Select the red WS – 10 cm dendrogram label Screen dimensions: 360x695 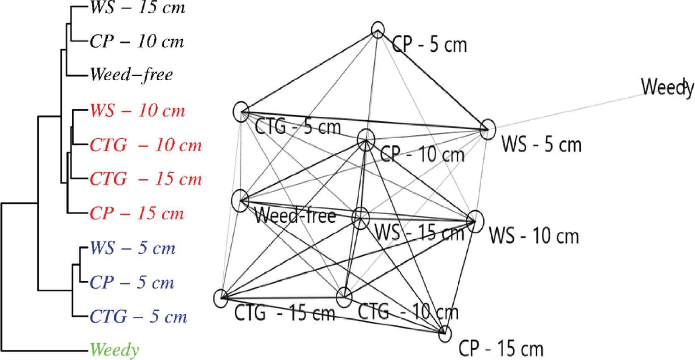tap(137, 111)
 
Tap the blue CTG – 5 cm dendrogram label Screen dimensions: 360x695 tap(138, 317)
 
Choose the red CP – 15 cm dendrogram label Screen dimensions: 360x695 tap(137, 214)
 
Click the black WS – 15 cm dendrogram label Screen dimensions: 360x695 tap(137, 8)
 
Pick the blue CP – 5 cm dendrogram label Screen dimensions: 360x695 tap(132, 283)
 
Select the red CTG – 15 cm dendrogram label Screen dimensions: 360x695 tap(145, 180)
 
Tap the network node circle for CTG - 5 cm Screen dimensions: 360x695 tap(241, 112)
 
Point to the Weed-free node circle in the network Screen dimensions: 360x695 tap(240, 200)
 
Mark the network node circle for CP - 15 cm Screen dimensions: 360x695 tap(445, 333)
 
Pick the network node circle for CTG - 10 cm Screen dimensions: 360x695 tap(345, 297)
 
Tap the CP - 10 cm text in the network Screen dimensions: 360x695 tap(422, 155)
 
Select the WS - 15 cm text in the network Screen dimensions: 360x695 tap(419, 233)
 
